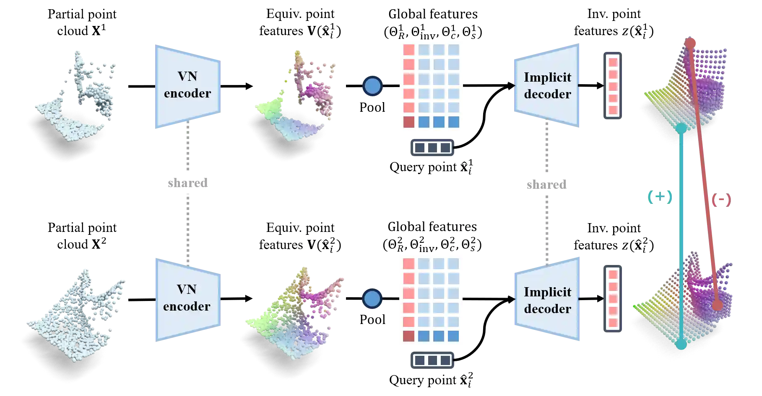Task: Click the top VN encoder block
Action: pyautogui.click(x=187, y=85)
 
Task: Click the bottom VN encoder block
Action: pyautogui.click(x=187, y=299)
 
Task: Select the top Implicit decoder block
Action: pyautogui.click(x=547, y=85)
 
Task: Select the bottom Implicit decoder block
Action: pyautogui.click(x=547, y=300)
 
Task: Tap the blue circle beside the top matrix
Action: pyautogui.click(x=372, y=86)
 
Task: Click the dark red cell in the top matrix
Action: pyautogui.click(x=408, y=122)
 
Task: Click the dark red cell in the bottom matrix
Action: pyautogui.click(x=408, y=336)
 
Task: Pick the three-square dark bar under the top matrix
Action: pyautogui.click(x=433, y=148)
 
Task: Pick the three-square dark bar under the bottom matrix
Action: pyautogui.click(x=433, y=361)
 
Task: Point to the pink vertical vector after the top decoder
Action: pyautogui.click(x=613, y=86)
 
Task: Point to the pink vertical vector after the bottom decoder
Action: pyautogui.click(x=613, y=299)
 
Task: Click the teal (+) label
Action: pyautogui.click(x=660, y=196)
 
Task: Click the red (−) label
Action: pyautogui.click(x=721, y=199)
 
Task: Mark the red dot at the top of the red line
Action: pyautogui.click(x=690, y=43)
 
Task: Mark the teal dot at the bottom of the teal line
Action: pyautogui.click(x=681, y=345)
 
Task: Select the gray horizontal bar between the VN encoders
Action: pyautogui.click(x=187, y=183)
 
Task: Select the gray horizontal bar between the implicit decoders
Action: pyautogui.click(x=546, y=184)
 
